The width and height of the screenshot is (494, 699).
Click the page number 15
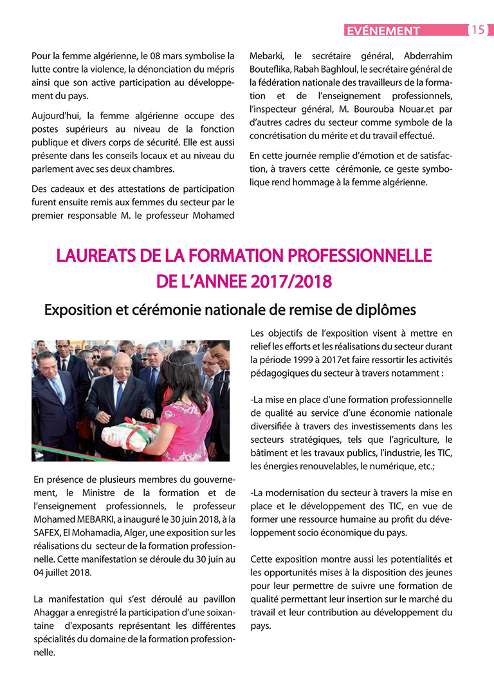click(478, 30)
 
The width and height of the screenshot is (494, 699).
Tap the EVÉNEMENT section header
click(382, 30)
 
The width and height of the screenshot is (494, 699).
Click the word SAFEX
click(47, 533)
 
